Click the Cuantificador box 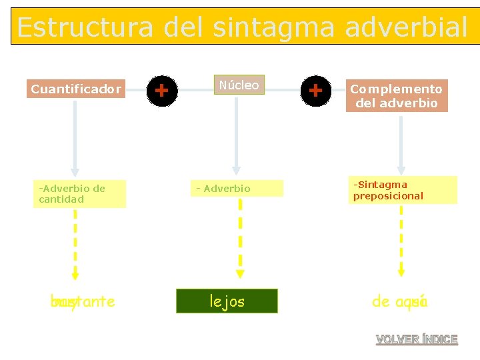point(76,89)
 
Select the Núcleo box point(239,85)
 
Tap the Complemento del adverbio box point(397,96)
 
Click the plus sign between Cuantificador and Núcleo point(161,89)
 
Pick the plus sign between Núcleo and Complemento point(315,89)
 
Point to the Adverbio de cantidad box point(81,193)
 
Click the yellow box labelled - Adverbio point(239,189)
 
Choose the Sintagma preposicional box point(402,190)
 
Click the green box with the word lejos point(227,301)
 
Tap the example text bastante point(83,302)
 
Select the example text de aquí point(399,302)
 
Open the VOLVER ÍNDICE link point(417,339)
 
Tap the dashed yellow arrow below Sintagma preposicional point(401,240)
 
